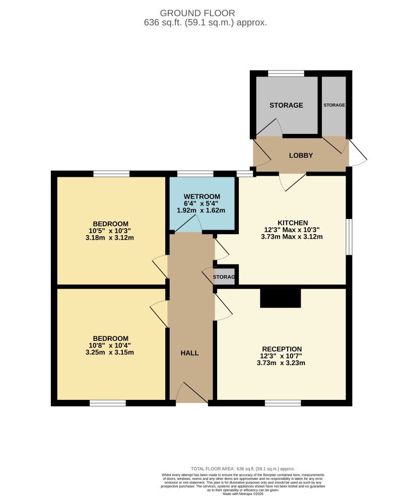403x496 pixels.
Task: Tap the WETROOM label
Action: (202, 196)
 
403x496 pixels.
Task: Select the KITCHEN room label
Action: (293, 223)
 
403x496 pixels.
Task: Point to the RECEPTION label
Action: (282, 349)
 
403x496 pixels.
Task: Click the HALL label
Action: (189, 353)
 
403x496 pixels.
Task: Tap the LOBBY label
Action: (301, 155)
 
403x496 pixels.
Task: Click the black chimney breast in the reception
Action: (281, 298)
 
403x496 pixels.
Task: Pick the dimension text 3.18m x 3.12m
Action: (110, 238)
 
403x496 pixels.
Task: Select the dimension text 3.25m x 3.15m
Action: (110, 352)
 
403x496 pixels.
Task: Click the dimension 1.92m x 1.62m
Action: (201, 210)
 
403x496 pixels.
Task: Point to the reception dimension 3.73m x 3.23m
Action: (282, 363)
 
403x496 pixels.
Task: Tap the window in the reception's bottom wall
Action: (283, 403)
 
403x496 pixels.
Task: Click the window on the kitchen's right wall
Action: (349, 237)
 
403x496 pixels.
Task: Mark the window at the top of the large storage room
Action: (286, 74)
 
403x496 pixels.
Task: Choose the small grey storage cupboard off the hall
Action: (225, 277)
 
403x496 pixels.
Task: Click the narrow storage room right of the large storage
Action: (334, 105)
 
